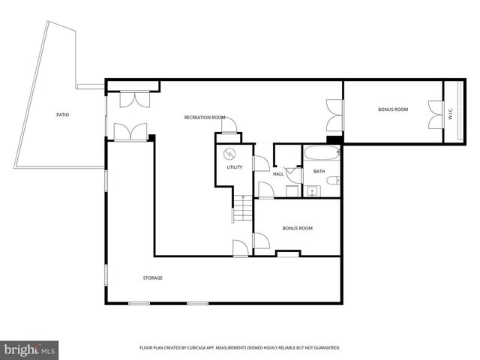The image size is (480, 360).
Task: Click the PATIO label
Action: pos(64,115)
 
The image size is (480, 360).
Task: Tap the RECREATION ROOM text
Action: pos(205,117)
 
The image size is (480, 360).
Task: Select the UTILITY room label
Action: pos(235,167)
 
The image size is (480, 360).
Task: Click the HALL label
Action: pos(278,173)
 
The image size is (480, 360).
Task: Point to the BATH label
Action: pos(319,171)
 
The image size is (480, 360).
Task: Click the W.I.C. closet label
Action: pos(451,115)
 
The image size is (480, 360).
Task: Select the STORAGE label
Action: pos(153,277)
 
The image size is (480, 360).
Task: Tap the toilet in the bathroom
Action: pos(335,180)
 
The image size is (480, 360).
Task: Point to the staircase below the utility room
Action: pos(241,208)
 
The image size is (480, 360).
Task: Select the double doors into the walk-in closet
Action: pos(433,115)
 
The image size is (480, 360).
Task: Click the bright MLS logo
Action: pos(29,349)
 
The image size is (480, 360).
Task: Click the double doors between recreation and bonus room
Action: pos(334,115)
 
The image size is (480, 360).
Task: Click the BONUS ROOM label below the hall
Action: pos(297,228)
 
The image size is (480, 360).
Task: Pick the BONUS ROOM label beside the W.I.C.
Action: pos(392,110)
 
